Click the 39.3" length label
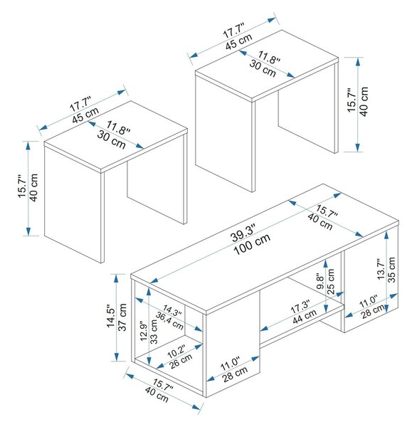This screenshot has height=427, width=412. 243,233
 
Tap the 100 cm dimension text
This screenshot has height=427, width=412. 252,244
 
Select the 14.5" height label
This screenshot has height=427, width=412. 112,315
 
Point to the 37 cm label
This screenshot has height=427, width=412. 122,317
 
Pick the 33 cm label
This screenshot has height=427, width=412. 154,332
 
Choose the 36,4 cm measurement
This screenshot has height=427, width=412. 169,320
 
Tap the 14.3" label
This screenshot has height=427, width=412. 173,311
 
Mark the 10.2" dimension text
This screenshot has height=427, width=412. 176,352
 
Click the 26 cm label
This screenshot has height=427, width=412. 181,362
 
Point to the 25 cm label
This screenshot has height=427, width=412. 330,281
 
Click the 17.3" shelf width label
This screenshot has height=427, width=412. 300,307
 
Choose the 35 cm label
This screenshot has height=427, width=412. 391,270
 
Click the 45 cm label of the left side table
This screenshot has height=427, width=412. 85,115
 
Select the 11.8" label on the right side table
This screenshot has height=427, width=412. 269,57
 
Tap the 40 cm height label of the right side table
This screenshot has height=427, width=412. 364,102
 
